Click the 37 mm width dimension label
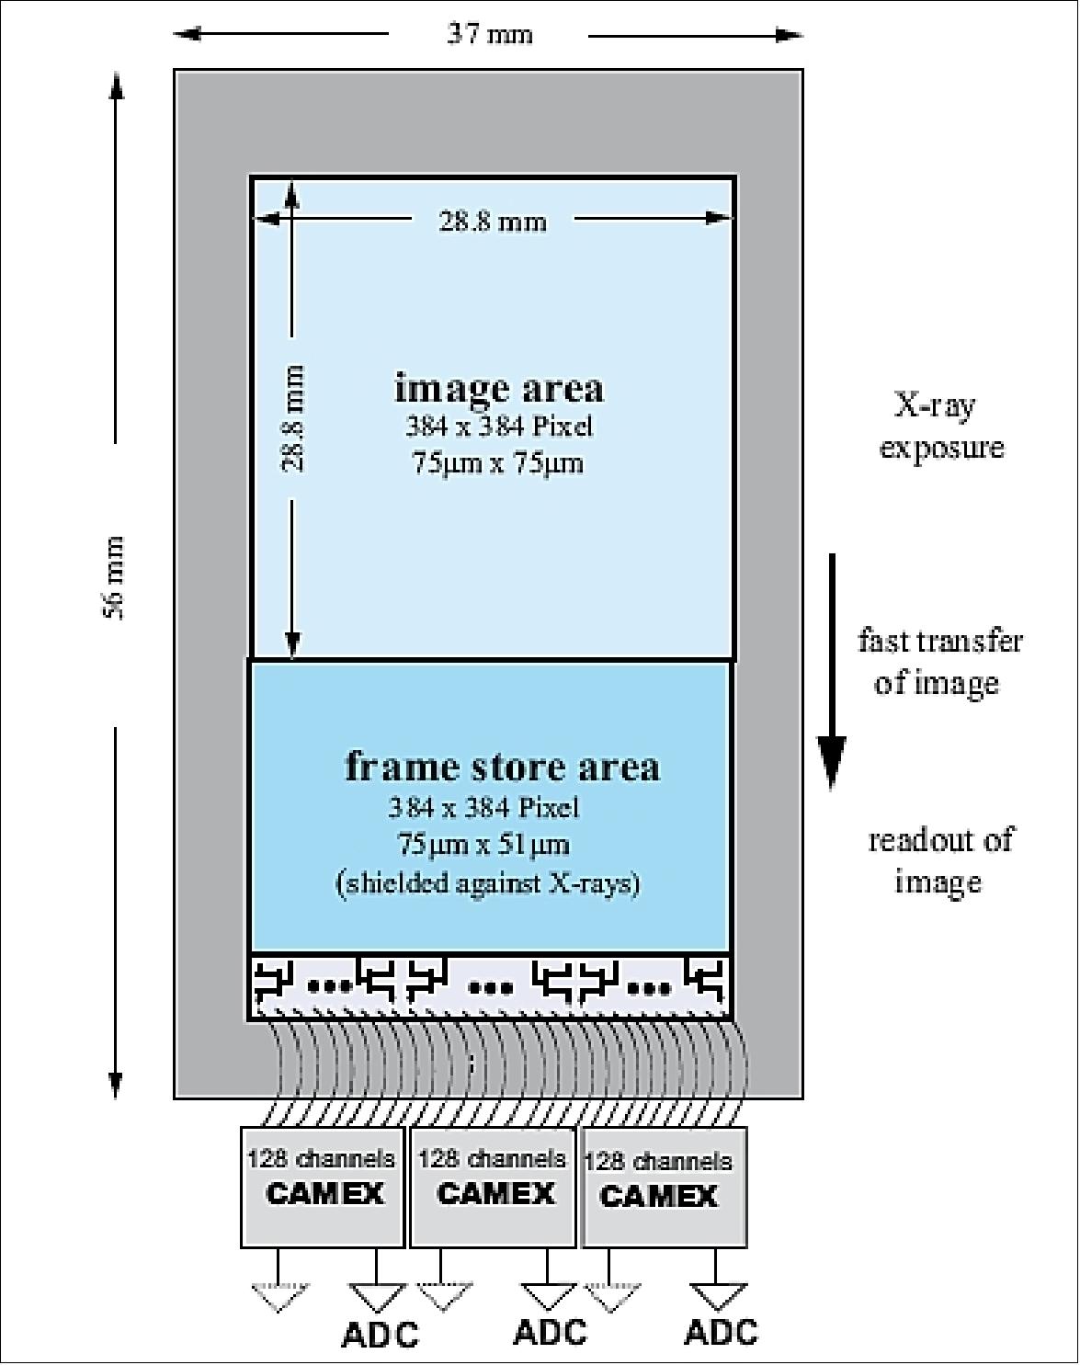coord(489,35)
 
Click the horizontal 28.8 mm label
coord(493,221)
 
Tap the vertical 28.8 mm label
coord(292,419)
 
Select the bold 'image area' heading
coord(499,388)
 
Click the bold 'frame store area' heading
coord(502,766)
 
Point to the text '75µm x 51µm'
coord(483,844)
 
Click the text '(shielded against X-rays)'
coord(487,883)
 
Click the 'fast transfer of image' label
coord(938,661)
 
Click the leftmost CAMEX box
coord(323,1187)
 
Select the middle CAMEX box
coord(494,1187)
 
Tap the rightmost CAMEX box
coord(664,1187)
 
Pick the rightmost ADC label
coord(722,1331)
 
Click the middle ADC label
coord(550,1331)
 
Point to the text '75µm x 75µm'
coord(497,463)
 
